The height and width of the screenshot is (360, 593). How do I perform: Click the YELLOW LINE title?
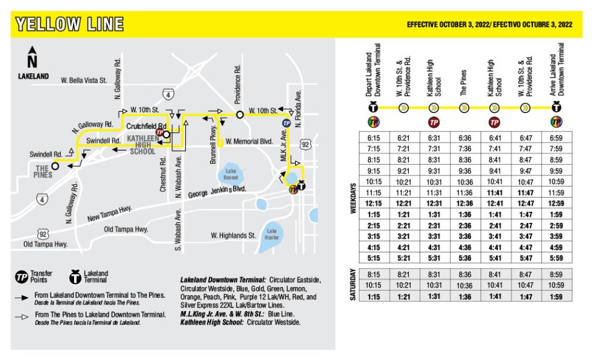[69, 25]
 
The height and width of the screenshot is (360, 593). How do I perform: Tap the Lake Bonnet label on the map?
[231, 175]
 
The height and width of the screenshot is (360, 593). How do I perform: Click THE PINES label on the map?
[42, 170]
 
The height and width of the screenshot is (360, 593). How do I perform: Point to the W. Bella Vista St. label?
[85, 80]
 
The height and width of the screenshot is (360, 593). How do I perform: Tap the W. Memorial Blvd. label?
[249, 141]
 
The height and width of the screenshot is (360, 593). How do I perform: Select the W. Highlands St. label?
[233, 235]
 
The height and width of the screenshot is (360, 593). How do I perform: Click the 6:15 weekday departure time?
[374, 138]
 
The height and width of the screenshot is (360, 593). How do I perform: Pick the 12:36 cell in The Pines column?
[466, 203]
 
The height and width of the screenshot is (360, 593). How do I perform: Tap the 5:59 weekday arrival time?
[555, 257]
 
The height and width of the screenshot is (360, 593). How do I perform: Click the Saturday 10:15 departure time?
[374, 285]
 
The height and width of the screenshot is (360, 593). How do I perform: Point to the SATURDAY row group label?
[353, 285]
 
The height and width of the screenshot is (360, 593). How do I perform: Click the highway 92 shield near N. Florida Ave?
[306, 144]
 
